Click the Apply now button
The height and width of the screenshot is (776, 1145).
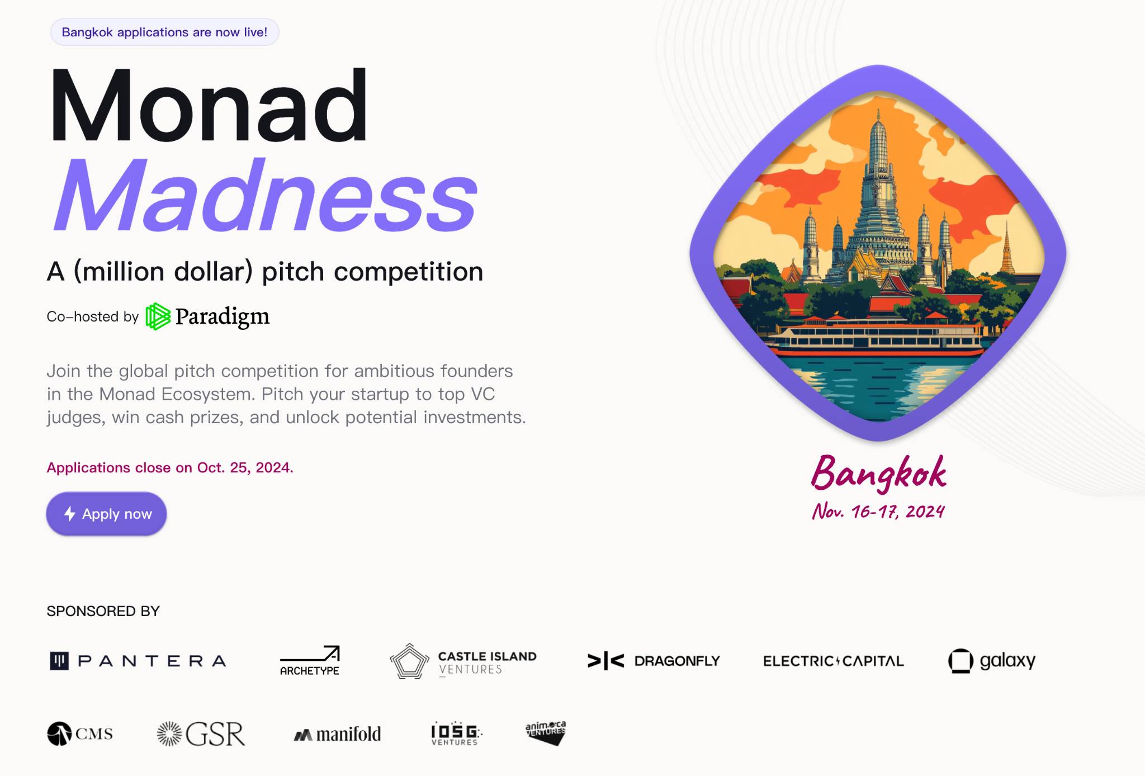tap(106, 514)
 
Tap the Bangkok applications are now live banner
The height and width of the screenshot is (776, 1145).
tap(164, 32)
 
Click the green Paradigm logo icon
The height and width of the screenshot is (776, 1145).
tap(158, 316)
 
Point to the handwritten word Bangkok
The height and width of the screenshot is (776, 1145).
tap(878, 474)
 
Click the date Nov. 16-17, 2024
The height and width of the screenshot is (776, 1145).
tap(878, 511)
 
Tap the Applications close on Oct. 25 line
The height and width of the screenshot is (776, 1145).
tap(170, 467)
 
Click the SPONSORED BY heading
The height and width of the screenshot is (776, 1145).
tap(103, 611)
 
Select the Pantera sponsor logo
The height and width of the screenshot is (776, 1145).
tap(138, 661)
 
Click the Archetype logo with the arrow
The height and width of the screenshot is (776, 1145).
tap(310, 661)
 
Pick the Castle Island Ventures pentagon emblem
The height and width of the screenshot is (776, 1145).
tap(409, 661)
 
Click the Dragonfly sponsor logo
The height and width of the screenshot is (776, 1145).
tap(654, 661)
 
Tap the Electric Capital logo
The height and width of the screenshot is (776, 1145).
tap(833, 661)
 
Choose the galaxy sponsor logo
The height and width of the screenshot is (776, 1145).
tap(992, 661)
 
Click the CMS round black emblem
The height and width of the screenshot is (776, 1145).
tap(59, 734)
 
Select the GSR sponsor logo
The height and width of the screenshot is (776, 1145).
tap(201, 734)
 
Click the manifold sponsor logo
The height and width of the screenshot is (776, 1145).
tap(337, 734)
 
